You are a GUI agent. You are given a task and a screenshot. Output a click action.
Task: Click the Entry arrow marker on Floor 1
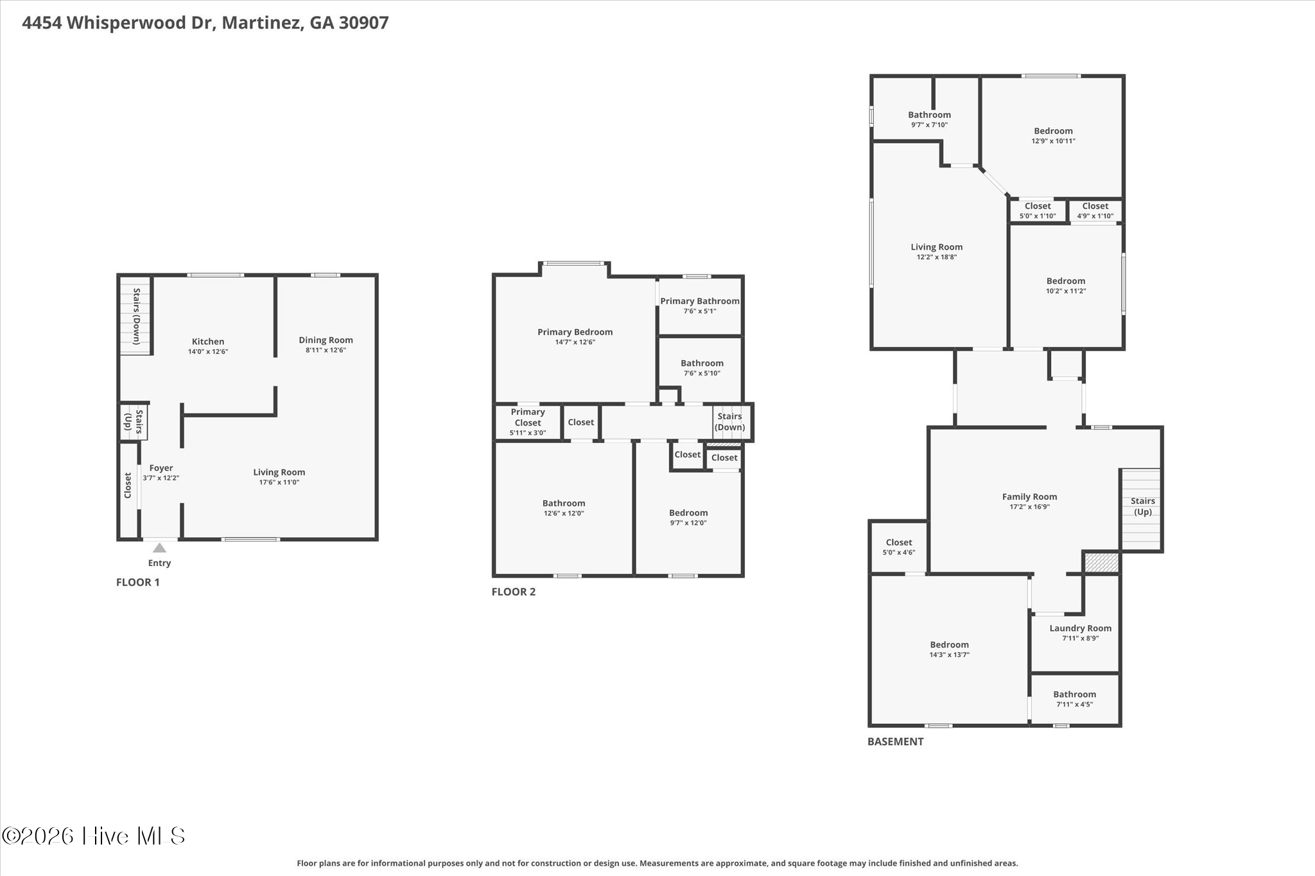pyautogui.click(x=159, y=548)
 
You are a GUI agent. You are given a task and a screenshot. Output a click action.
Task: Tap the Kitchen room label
pyautogui.click(x=208, y=341)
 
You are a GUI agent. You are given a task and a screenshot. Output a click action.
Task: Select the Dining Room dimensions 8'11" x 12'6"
pyautogui.click(x=326, y=350)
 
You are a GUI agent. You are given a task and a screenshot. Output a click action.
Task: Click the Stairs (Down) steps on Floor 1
pyautogui.click(x=135, y=316)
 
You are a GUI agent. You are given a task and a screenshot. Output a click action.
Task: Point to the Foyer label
pyautogui.click(x=161, y=468)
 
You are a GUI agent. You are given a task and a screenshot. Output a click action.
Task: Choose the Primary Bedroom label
pyautogui.click(x=575, y=332)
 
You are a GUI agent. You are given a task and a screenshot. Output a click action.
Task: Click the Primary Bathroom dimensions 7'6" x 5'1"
pyautogui.click(x=700, y=311)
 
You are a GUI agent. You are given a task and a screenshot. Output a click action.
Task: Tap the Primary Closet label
pyautogui.click(x=528, y=417)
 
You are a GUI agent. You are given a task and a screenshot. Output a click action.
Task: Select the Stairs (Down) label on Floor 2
pyautogui.click(x=730, y=422)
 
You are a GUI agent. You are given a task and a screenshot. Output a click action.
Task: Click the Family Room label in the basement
pyautogui.click(x=1029, y=496)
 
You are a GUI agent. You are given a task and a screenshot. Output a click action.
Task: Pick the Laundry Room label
pyautogui.click(x=1080, y=628)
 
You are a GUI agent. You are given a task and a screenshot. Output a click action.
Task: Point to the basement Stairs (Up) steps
pyautogui.click(x=1141, y=510)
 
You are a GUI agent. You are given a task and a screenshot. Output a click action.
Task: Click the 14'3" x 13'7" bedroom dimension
pyautogui.click(x=950, y=655)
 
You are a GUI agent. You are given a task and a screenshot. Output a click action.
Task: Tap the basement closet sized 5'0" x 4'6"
pyautogui.click(x=899, y=547)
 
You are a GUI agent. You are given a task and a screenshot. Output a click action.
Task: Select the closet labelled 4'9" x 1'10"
pyautogui.click(x=1095, y=210)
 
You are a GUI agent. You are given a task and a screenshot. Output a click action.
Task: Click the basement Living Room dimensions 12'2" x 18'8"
pyautogui.click(x=937, y=257)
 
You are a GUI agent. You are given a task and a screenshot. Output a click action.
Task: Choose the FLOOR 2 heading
pyautogui.click(x=514, y=592)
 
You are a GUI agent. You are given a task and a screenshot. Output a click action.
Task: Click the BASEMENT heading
pyautogui.click(x=896, y=741)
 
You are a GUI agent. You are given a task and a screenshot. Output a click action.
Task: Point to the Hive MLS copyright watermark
pyautogui.click(x=94, y=836)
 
